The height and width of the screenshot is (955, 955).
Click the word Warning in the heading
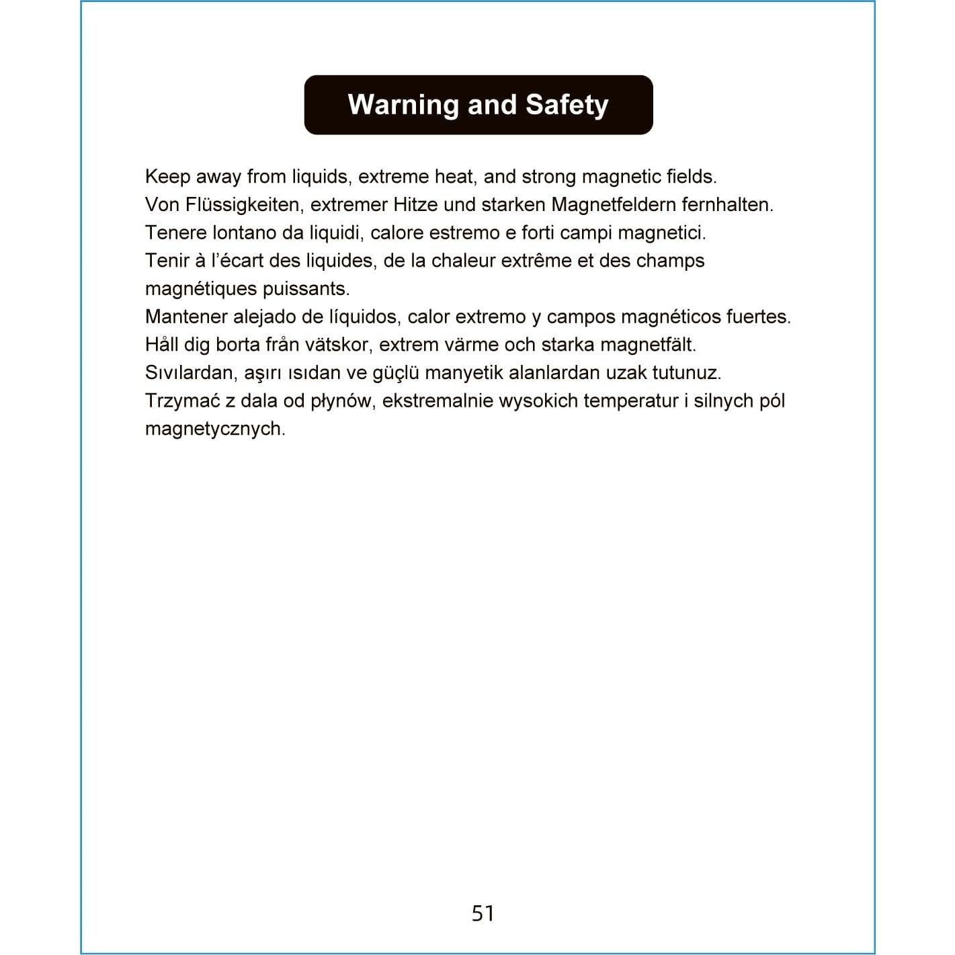[403, 105]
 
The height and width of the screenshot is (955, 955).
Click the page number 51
[483, 913]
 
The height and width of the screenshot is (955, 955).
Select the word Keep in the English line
[167, 177]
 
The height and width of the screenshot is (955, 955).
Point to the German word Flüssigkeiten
[243, 205]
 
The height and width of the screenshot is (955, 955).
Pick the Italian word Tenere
[175, 233]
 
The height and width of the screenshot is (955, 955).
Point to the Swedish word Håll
[162, 345]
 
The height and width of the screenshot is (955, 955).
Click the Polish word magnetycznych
[215, 429]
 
